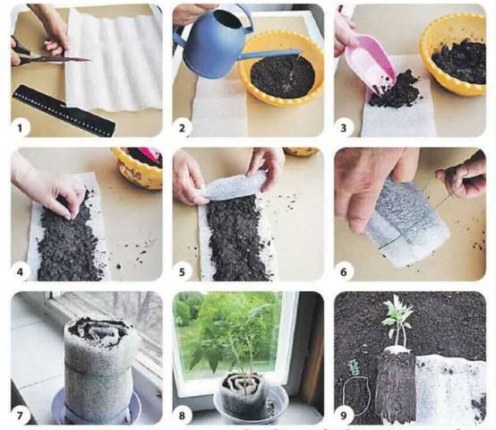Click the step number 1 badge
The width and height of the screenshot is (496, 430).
coord(20,128)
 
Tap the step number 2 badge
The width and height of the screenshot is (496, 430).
coord(182,128)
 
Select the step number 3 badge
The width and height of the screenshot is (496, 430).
coord(344,128)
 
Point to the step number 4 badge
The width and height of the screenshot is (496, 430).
coord(20,272)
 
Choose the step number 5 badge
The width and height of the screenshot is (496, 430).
coord(182,272)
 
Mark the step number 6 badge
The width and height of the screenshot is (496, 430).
coord(344,272)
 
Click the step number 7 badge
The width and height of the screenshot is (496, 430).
coord(20,416)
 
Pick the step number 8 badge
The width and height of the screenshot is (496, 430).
coord(182,416)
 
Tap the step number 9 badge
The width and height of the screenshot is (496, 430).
coord(344,416)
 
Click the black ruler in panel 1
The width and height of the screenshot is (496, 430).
coord(64,110)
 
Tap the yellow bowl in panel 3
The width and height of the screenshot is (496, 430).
coord(453,55)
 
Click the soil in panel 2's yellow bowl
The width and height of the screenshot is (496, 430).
coord(283,76)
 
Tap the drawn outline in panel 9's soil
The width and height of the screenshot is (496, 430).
coord(357,396)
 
